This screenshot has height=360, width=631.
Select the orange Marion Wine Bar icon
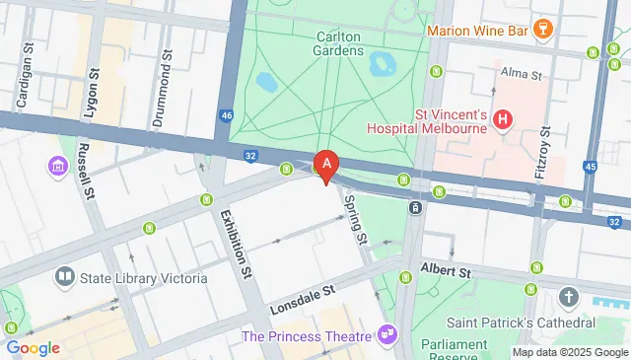pyautogui.click(x=538, y=31)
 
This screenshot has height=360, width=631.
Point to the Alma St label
pyautogui.click(x=522, y=74)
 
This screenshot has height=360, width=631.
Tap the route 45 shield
pyautogui.click(x=591, y=168)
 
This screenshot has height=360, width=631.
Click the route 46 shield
pyautogui.click(x=228, y=115)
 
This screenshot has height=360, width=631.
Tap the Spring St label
pyautogui.click(x=356, y=219)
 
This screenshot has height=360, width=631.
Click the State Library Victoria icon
pyautogui.click(x=65, y=278)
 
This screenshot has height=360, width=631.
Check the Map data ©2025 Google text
pyautogui.click(x=569, y=352)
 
